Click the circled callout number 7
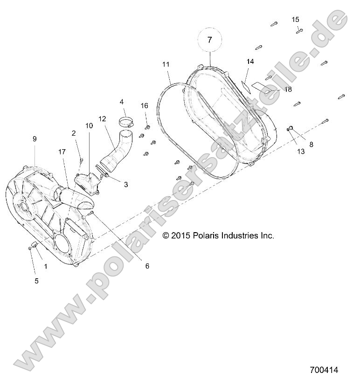pos(209,40)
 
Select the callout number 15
pos(296,20)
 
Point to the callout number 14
pos(250,62)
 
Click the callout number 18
pos(288,89)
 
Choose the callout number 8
pos(311,144)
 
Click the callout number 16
pos(145,106)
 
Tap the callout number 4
pos(122,102)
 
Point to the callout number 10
pos(89,126)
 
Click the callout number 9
pos(35,139)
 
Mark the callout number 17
pos(62,152)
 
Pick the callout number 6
pos(147,266)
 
